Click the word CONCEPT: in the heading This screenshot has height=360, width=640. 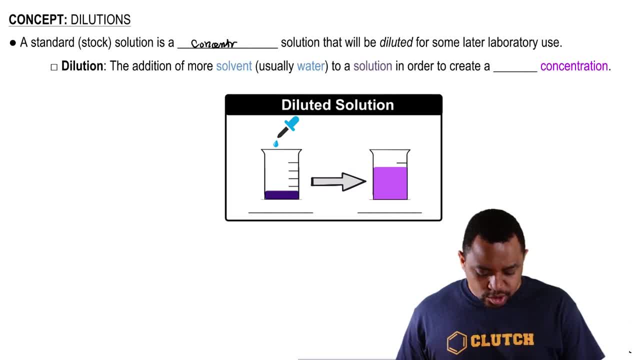38,20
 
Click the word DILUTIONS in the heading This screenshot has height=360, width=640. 100,20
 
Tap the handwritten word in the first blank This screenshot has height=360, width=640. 213,44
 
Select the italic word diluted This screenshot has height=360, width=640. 396,42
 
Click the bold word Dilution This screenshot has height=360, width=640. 82,66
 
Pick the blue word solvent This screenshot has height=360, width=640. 233,66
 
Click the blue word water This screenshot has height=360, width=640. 310,66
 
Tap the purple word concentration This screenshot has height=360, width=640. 574,66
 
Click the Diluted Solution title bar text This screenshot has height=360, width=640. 337,105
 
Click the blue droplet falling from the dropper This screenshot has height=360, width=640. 276,144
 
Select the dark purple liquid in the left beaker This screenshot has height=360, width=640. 281,195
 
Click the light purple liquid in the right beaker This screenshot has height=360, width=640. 390,183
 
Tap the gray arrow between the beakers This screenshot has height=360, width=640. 338,181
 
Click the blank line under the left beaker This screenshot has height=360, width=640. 280,212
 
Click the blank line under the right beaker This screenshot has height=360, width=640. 389,212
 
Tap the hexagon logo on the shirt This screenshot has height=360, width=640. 456,342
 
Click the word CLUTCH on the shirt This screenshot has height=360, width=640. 502,340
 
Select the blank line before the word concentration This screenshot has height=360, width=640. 515,70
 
